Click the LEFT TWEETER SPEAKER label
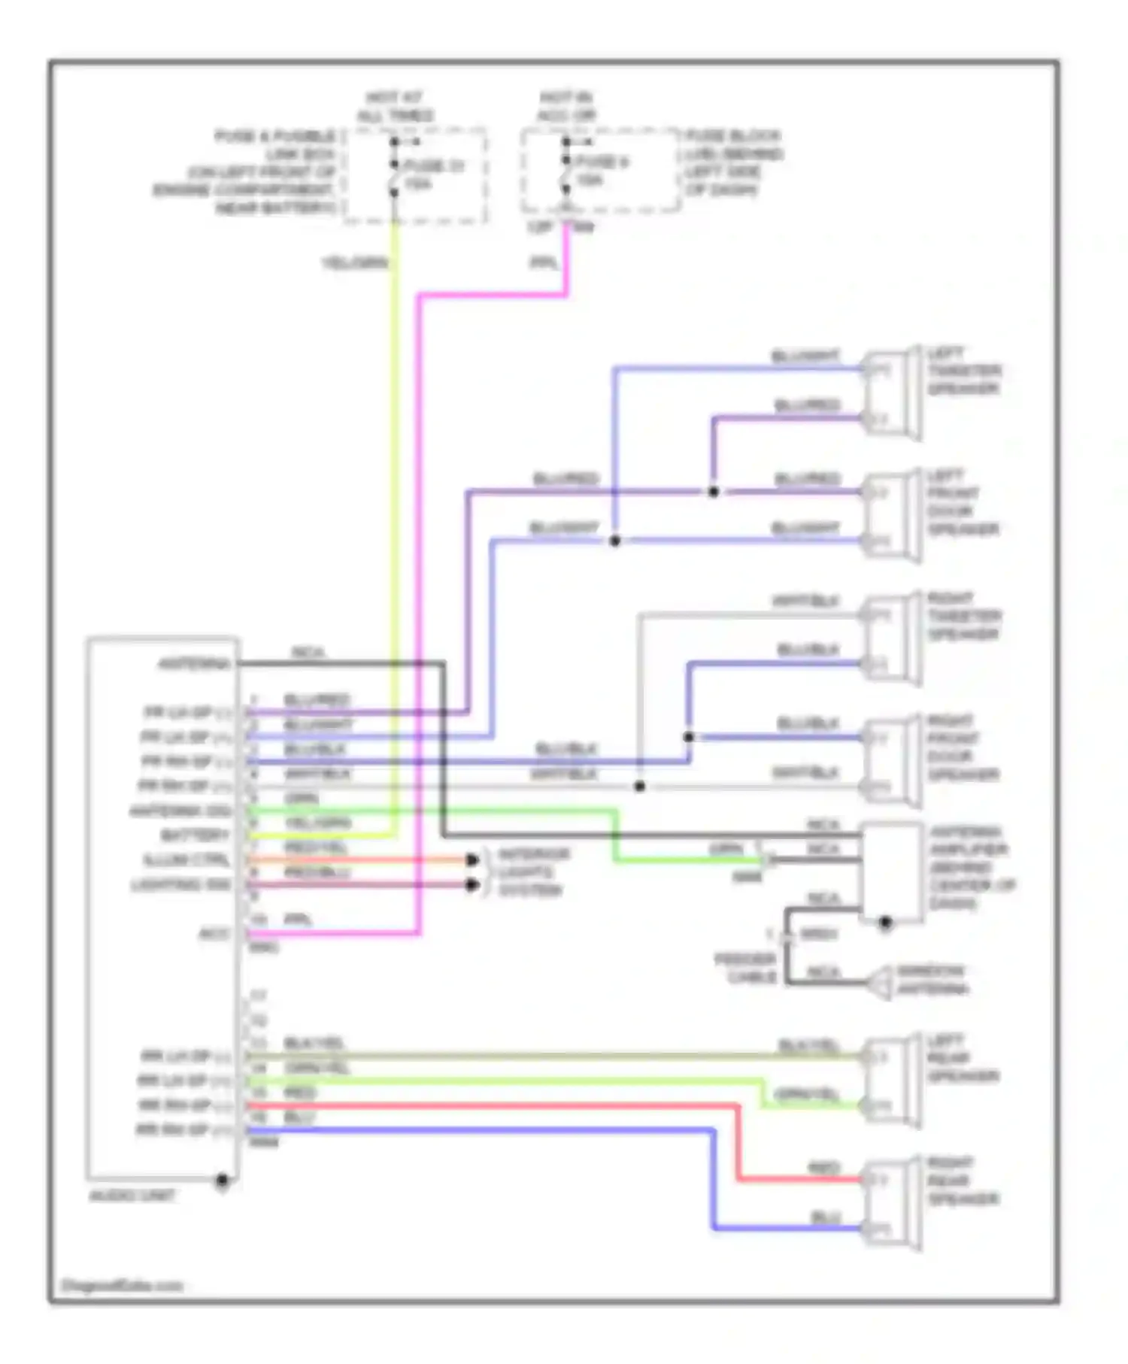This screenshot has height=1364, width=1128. click(x=963, y=371)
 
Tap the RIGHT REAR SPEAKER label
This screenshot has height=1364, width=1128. click(x=963, y=1181)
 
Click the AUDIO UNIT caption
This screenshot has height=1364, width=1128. click(x=132, y=1196)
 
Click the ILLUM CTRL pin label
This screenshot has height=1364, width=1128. click(x=186, y=860)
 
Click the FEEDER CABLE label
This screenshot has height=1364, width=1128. click(x=744, y=968)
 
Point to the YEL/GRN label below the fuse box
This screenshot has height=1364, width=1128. click(x=355, y=262)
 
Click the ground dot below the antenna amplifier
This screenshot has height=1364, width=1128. click(x=886, y=922)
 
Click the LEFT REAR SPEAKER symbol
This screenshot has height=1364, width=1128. click(x=892, y=1081)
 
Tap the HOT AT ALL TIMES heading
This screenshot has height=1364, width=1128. click(x=395, y=107)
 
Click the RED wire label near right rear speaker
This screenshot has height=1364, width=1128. click(x=823, y=1168)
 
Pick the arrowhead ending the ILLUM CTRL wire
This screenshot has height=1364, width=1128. click(x=472, y=859)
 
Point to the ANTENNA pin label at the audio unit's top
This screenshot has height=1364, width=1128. click(x=193, y=664)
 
